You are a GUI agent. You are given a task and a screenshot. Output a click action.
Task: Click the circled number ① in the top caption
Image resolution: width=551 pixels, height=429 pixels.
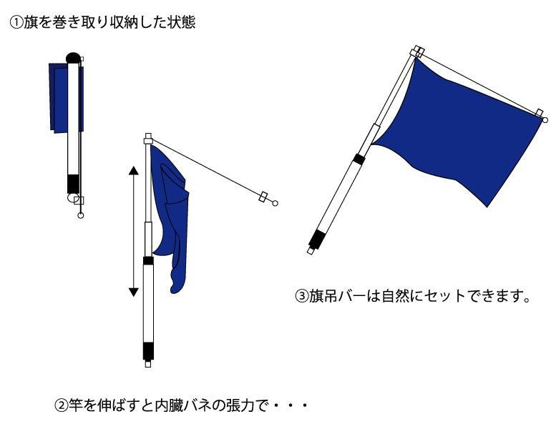tap(16, 23)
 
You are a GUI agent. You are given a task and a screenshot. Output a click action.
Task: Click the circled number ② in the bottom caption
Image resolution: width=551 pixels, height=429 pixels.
tap(61, 406)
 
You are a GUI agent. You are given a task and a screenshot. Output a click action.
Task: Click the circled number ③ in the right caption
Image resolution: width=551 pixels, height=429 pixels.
tap(302, 296)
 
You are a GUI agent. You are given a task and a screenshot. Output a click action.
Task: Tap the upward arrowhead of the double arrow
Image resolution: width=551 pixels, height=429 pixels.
tap(134, 170)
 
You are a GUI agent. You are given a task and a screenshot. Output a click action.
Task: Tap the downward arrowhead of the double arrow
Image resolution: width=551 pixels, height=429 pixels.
tap(134, 292)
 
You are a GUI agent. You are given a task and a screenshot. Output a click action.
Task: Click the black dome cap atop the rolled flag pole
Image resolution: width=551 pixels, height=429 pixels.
tap(73, 58)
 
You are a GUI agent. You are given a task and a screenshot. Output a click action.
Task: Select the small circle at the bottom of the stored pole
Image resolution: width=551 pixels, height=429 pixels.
tap(80, 215)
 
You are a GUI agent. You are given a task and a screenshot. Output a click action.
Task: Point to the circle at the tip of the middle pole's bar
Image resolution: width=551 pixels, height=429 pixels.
tap(275, 203)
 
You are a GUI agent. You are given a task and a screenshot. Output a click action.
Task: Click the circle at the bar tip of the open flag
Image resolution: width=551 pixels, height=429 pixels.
tap(545, 120)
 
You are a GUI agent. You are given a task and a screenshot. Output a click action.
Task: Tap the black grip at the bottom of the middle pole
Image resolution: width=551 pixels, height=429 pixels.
tap(148, 351)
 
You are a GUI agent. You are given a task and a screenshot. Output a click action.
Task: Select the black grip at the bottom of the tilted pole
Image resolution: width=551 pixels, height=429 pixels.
tap(317, 239)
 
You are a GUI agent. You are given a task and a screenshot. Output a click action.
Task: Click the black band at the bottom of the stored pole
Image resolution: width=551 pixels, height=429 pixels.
tap(74, 184)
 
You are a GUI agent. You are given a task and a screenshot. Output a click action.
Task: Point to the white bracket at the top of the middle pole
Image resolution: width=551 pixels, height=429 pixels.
tap(148, 139)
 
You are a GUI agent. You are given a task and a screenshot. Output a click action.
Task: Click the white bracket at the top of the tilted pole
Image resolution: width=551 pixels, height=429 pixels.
tap(417, 51)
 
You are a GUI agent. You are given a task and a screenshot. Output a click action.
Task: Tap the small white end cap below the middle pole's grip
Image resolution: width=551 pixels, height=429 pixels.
tap(148, 364)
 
